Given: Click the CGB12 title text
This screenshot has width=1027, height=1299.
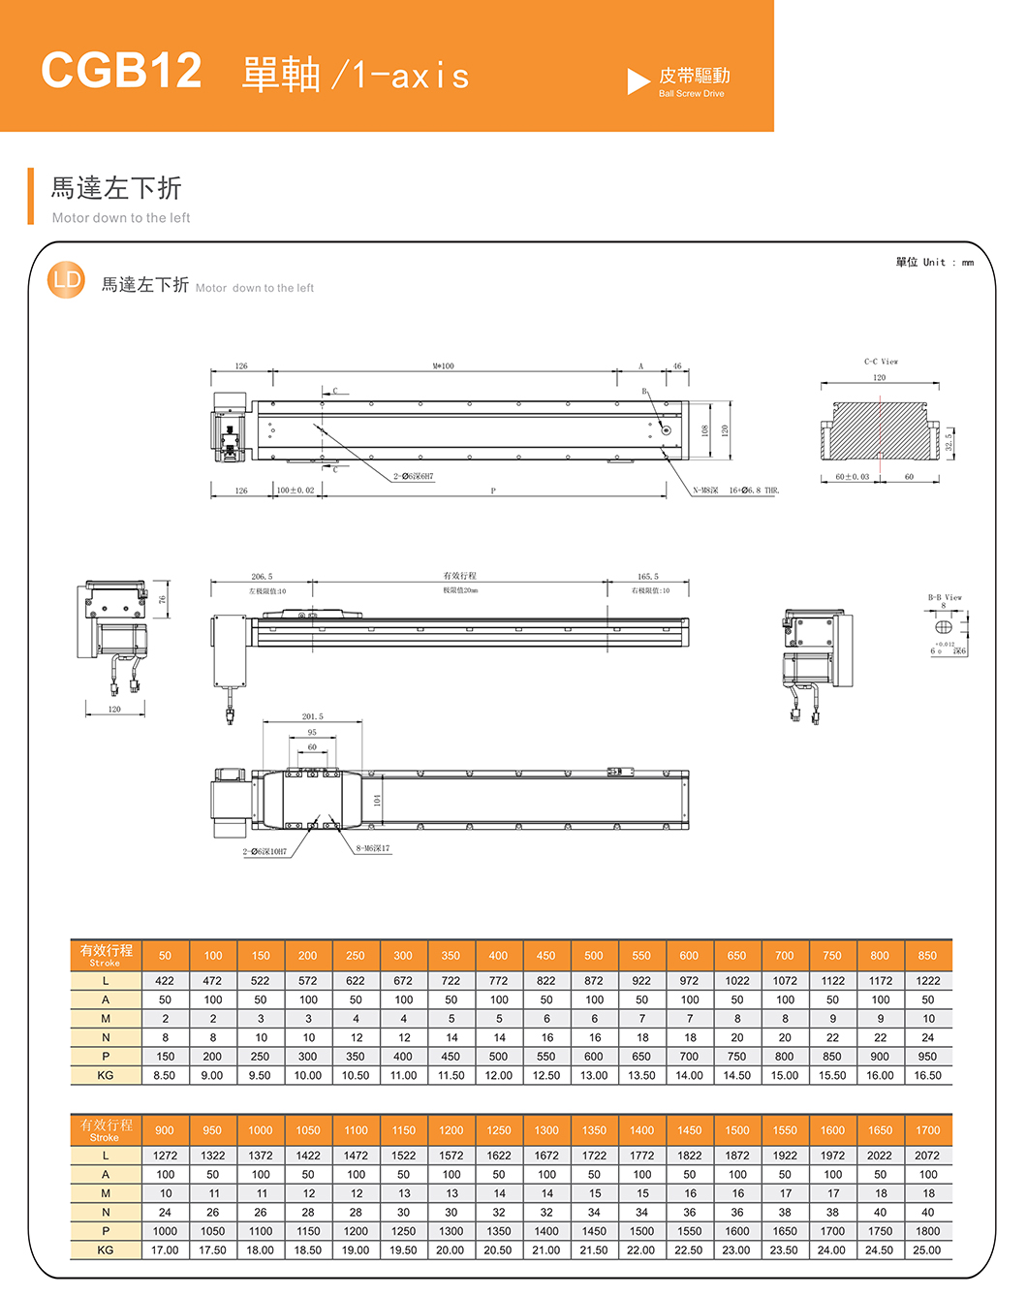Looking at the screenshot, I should (x=121, y=71).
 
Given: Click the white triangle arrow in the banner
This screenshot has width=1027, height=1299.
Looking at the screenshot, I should (x=638, y=81).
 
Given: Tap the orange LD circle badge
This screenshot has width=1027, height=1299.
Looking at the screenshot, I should (x=67, y=281).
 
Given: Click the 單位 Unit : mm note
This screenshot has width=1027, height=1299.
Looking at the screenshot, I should (x=934, y=262).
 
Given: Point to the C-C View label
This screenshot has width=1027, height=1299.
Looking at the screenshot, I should (x=881, y=362).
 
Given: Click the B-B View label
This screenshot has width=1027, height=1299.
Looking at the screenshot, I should (x=945, y=597).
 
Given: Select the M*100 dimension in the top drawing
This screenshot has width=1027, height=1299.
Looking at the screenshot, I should (x=443, y=366).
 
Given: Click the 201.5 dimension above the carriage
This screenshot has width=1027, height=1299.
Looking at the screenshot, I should (x=312, y=716).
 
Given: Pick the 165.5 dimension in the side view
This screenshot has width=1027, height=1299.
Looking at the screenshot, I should (x=647, y=577).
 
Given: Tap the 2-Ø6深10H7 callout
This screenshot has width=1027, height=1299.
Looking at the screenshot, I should (x=265, y=851).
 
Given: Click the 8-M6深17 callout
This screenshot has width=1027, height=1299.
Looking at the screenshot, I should (x=373, y=848).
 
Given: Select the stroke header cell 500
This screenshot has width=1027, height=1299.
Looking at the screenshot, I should (x=594, y=955).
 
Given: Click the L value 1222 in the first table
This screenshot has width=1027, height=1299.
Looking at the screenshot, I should (x=927, y=981).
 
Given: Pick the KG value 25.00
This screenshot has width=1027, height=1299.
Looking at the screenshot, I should (x=927, y=1251).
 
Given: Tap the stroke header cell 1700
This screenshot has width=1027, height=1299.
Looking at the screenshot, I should (x=927, y=1130).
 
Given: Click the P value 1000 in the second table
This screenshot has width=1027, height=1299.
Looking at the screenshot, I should (x=165, y=1231).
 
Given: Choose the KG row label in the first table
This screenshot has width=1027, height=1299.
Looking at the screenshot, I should (x=106, y=1075).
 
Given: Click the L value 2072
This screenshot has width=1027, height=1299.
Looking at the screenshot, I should (x=927, y=1156).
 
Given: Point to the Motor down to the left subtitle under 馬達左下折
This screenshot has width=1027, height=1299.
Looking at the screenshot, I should (x=121, y=218).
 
